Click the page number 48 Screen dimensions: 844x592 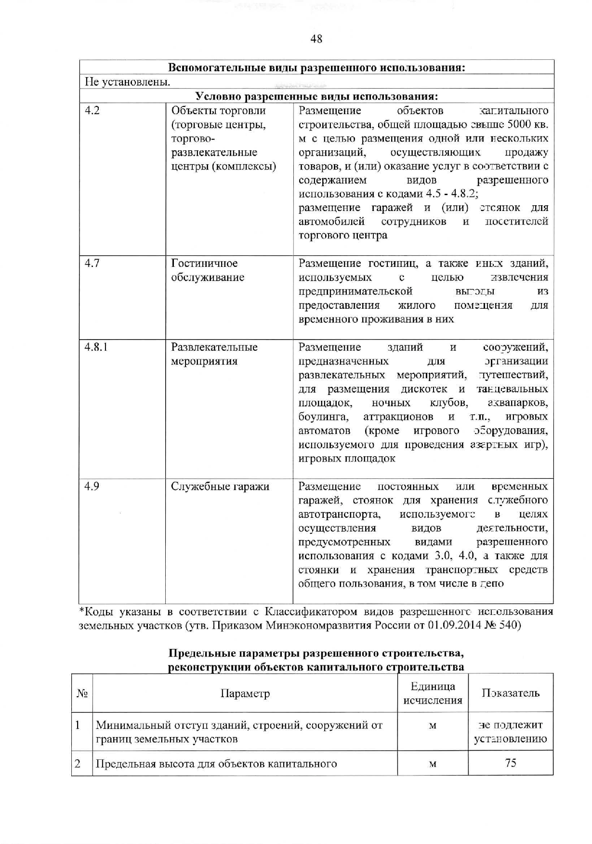[x=316, y=39]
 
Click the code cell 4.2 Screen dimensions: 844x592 [x=92, y=111]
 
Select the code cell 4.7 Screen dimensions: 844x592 [x=92, y=264]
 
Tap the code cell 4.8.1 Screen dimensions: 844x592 [x=96, y=347]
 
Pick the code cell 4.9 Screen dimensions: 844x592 [x=92, y=487]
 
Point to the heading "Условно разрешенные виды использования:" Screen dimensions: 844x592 [x=316, y=96]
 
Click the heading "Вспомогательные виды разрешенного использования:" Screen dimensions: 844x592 [x=316, y=67]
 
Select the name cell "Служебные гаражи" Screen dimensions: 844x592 [x=220, y=487]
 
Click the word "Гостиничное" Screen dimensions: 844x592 [x=204, y=264]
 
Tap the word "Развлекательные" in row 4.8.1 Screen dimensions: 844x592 [x=214, y=347]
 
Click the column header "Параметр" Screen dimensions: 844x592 [x=245, y=694]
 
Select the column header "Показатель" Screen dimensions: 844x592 [x=511, y=694]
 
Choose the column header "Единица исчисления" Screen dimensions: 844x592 [x=433, y=694]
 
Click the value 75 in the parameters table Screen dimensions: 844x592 [x=511, y=763]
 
